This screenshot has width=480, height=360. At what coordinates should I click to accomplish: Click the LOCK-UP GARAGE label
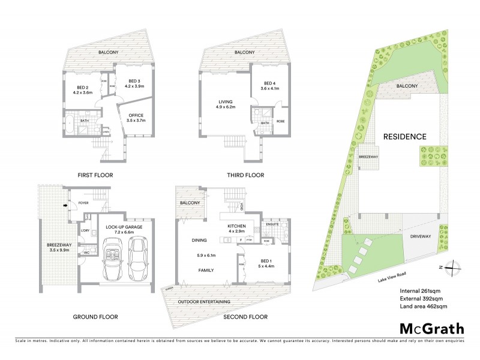[x=122, y=227]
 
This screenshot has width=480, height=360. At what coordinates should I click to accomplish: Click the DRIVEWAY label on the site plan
[x=420, y=237]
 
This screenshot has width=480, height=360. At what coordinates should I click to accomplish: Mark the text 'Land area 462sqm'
[x=424, y=306]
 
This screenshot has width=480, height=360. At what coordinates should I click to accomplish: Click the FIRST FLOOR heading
[x=95, y=176]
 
